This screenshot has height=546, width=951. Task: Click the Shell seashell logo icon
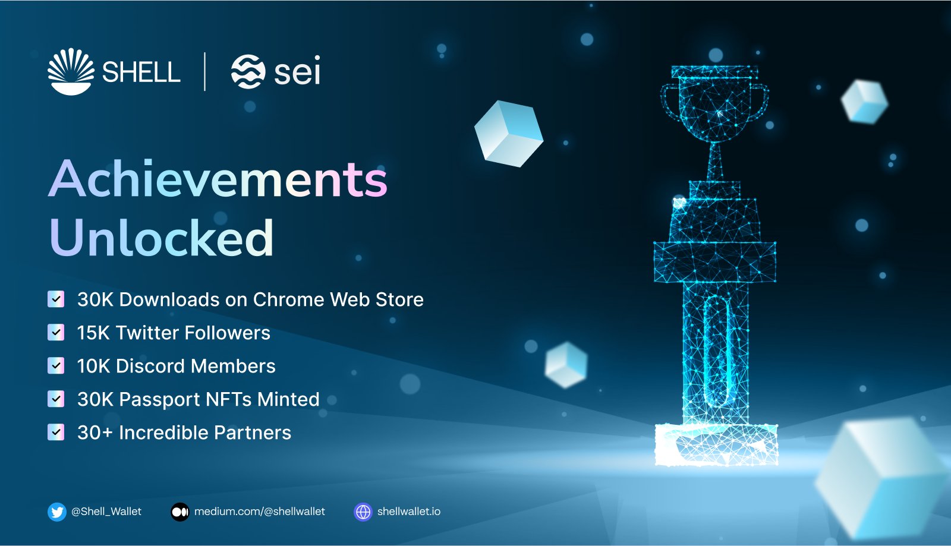point(71,71)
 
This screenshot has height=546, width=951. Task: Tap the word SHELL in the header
point(141,72)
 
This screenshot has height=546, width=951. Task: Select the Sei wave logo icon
point(248,71)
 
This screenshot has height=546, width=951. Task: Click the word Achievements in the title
point(218,179)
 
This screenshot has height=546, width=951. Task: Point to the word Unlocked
point(162,238)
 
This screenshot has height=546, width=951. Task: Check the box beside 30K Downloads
point(56,299)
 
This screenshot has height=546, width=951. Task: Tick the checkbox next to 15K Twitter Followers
point(56,332)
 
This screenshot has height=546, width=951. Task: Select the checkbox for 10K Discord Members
point(56,365)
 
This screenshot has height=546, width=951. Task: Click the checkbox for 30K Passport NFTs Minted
point(56,399)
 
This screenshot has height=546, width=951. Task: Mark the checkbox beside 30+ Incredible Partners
point(56,432)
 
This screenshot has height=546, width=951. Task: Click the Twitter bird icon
point(57,512)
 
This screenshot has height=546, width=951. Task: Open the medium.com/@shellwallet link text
point(260,512)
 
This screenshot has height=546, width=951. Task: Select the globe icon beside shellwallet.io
point(363,512)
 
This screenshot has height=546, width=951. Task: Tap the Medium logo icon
point(180,512)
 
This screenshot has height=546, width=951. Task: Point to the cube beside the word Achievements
point(509,134)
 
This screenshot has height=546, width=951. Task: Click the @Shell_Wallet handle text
point(106,512)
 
